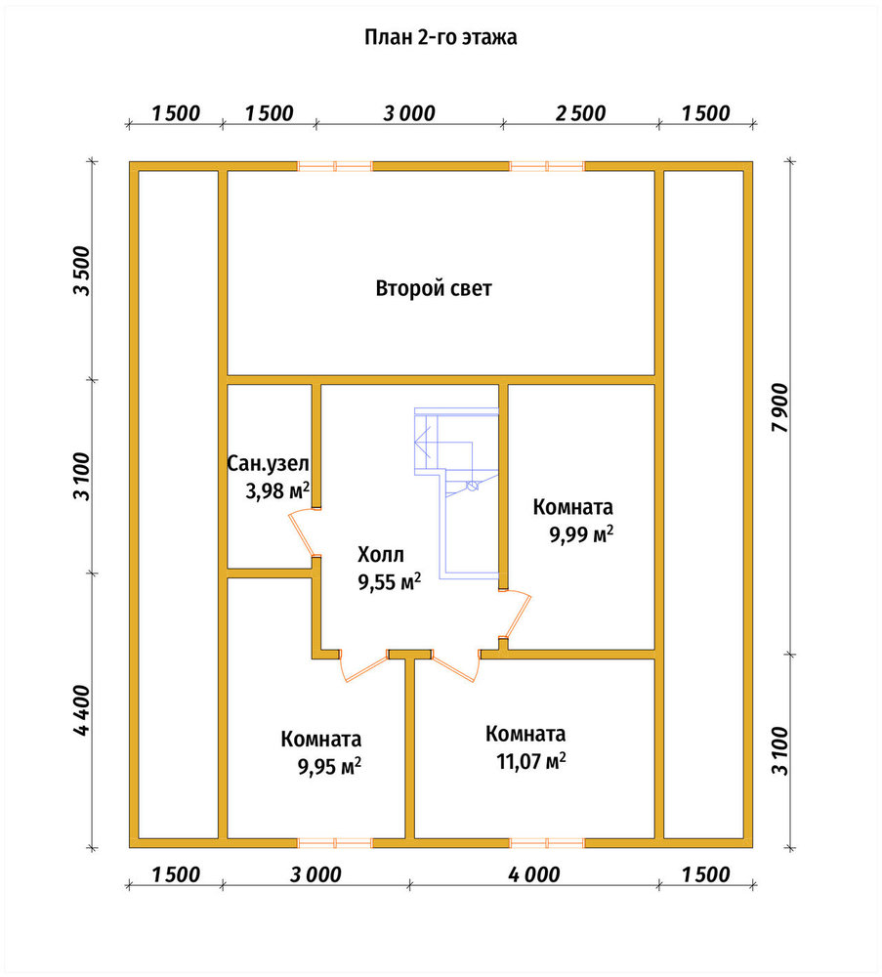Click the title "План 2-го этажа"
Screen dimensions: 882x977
pos(441,38)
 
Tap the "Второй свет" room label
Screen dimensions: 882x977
pos(434,288)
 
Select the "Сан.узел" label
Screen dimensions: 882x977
pos(268,463)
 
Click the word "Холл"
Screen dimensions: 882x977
pos(381,554)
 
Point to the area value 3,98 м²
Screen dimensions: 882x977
pos(277,490)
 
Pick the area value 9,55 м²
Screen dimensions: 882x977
pos(390,581)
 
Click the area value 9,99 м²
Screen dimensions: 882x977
pos(581,534)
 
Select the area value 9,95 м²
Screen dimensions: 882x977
pos(329,766)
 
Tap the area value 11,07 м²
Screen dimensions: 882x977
pos(531,761)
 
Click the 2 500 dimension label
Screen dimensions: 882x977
pos(580,113)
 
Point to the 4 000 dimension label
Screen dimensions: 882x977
pos(534,874)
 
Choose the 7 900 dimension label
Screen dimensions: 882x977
pos(779,407)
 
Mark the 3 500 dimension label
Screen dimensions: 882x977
pos(82,271)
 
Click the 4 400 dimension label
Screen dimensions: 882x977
pos(82,710)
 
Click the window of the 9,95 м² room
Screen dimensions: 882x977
pos(334,843)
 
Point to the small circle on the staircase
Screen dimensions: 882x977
pos(472,486)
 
